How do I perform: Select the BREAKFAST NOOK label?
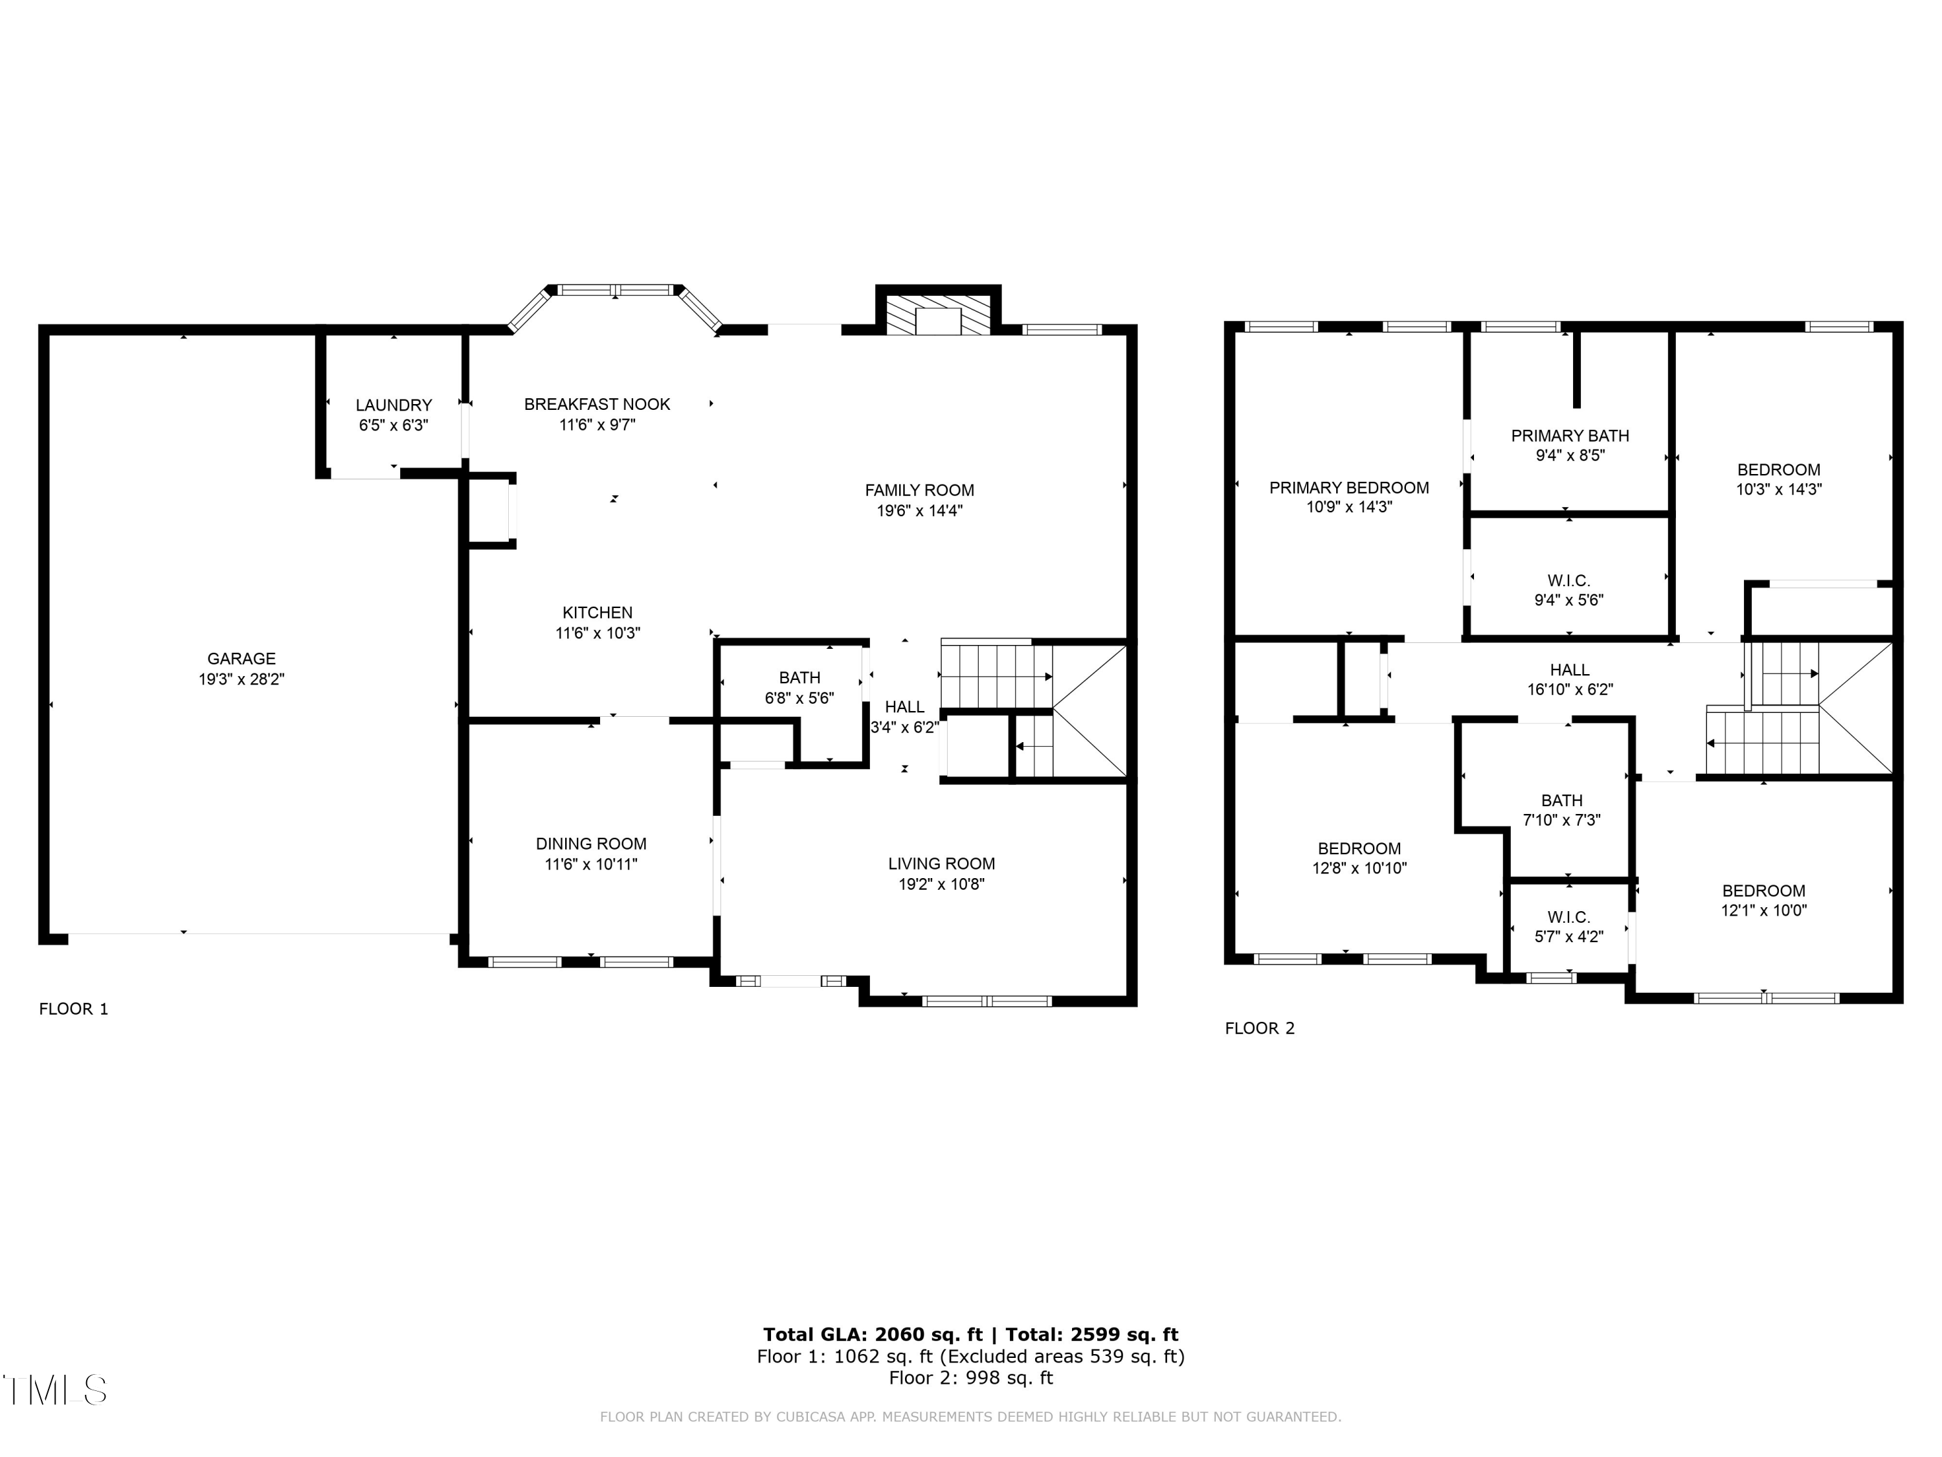coord(597,404)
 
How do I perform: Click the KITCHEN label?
coord(597,613)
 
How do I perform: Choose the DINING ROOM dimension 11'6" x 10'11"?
coord(591,864)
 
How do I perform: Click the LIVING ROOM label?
coord(941,864)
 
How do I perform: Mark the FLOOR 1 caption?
coord(74,1009)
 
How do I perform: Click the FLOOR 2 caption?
coord(1259,1028)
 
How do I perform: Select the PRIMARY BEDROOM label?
coord(1348,488)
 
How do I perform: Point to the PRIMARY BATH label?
coord(1570,436)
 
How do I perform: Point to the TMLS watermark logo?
coord(54,1390)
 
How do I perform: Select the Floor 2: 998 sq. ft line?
coord(970,1378)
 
